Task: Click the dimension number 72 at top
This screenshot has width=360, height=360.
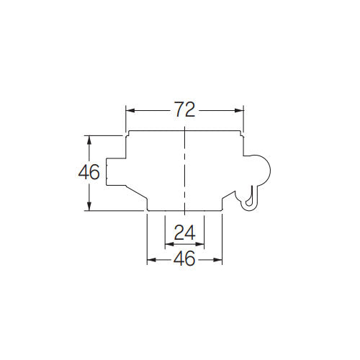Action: coord(184,110)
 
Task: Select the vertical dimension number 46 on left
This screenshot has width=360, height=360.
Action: coord(89,172)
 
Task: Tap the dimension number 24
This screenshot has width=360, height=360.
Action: coord(184,233)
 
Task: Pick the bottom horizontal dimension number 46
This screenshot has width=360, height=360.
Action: coord(184,258)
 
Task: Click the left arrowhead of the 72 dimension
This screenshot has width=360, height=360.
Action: coord(130,110)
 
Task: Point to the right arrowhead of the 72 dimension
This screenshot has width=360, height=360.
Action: coord(239,110)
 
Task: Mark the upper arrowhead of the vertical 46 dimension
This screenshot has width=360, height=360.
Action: coord(89,140)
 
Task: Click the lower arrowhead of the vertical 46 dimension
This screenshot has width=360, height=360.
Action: coord(89,207)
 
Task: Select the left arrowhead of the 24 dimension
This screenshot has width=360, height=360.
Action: coord(169,244)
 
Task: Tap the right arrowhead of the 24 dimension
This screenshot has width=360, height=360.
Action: coord(199,244)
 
